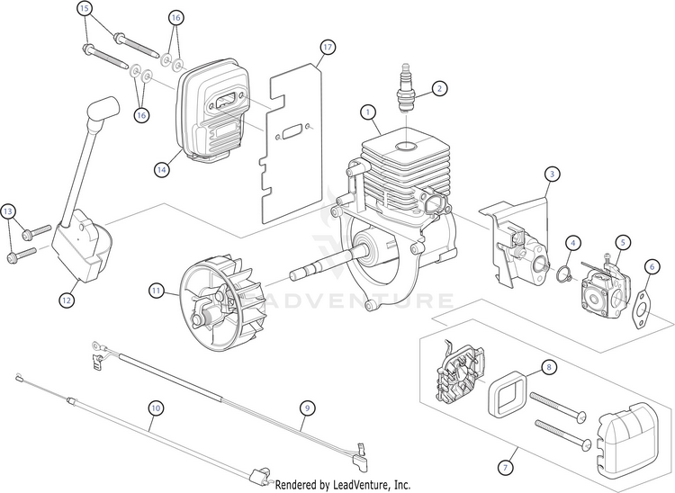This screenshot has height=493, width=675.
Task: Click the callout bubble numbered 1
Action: (367, 112)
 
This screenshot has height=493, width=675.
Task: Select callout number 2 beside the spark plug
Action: (438, 88)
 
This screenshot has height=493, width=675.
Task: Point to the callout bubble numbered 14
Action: (161, 168)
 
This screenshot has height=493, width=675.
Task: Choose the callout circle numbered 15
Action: (85, 9)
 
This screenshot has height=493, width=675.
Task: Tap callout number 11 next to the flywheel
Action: (157, 291)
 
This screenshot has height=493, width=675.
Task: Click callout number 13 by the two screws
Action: (9, 211)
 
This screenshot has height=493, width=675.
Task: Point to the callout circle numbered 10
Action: (156, 408)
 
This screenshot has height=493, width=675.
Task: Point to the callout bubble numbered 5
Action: (623, 241)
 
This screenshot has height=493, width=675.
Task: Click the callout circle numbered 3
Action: (552, 174)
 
